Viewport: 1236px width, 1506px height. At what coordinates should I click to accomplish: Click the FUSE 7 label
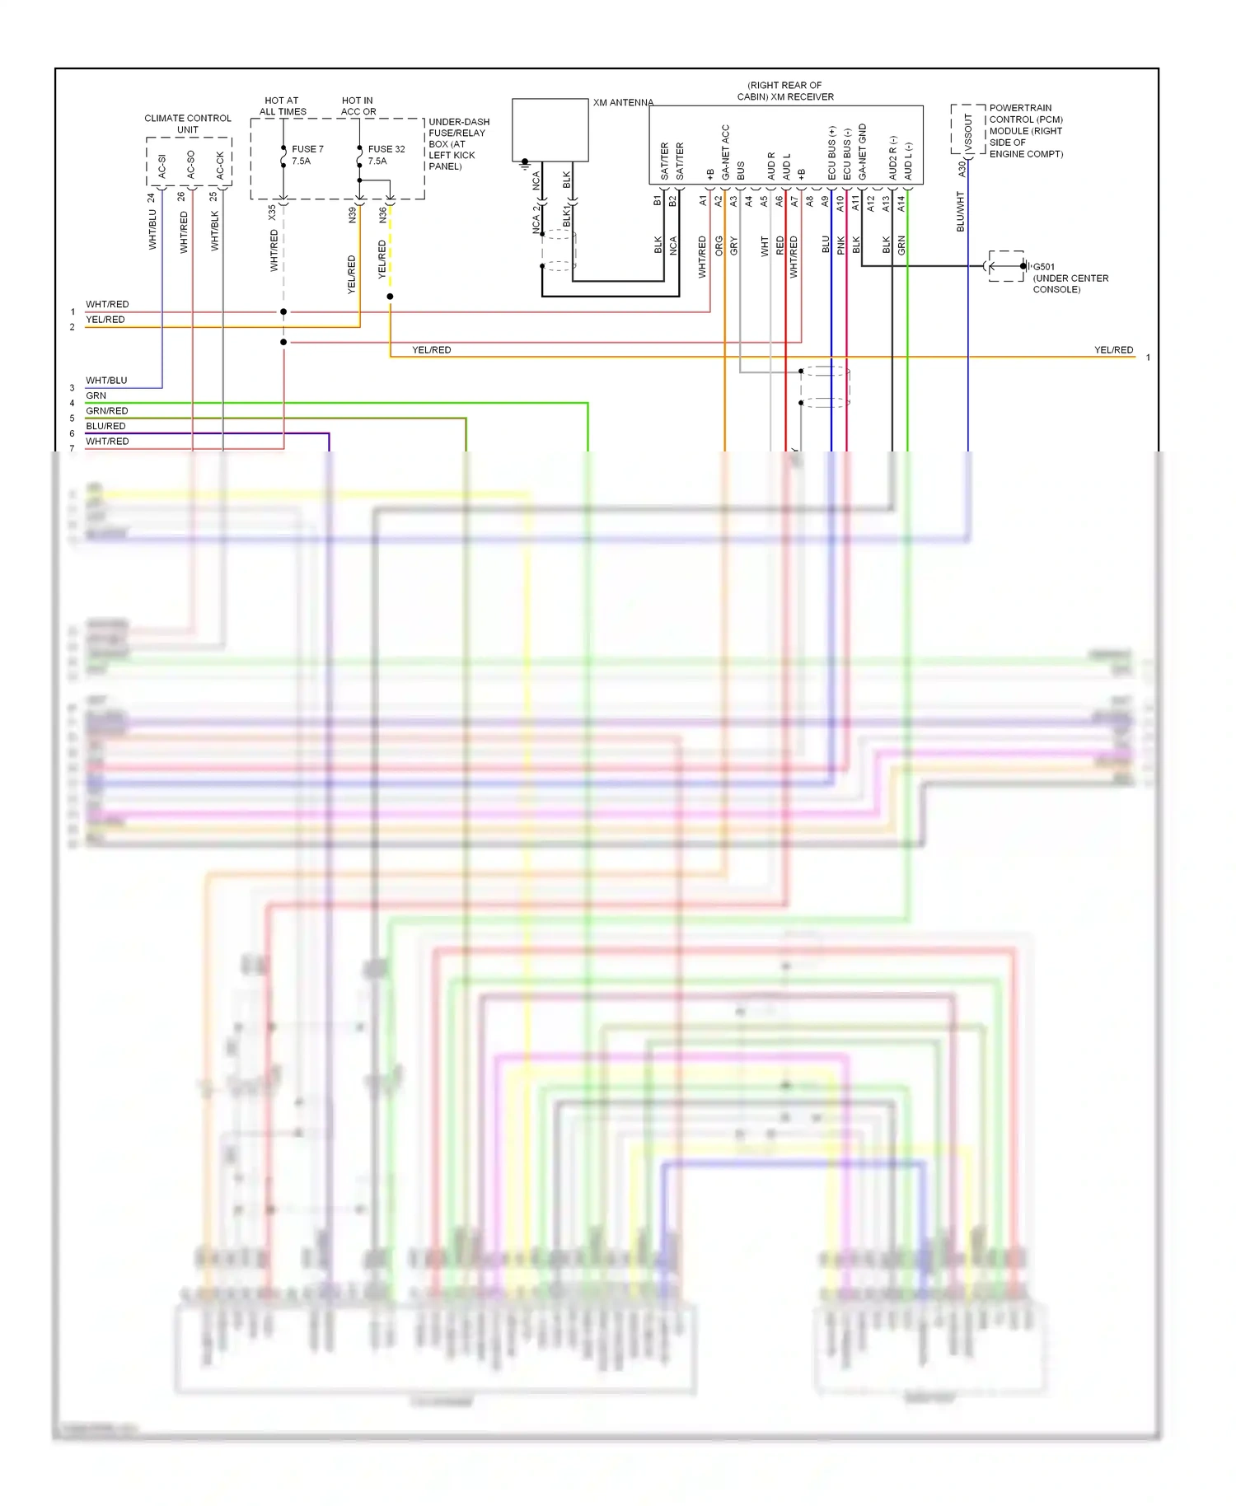click(x=307, y=149)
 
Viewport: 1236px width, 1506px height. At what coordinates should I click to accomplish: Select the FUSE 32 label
click(x=386, y=149)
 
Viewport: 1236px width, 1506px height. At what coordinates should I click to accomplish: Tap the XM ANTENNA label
click(x=623, y=103)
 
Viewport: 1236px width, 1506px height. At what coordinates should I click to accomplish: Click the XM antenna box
click(x=550, y=129)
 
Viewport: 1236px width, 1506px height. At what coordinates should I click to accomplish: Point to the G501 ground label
click(x=1043, y=267)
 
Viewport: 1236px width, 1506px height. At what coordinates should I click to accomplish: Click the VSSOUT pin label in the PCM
click(x=968, y=133)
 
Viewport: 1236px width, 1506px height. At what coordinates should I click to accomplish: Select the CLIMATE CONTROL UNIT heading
click(x=188, y=124)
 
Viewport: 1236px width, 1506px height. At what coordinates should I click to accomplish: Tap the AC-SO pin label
click(x=191, y=164)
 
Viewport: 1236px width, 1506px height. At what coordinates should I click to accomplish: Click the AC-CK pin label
click(x=220, y=165)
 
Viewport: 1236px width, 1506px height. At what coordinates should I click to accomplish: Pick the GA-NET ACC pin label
click(x=725, y=152)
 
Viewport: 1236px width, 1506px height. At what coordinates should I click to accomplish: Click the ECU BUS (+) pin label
click(x=832, y=153)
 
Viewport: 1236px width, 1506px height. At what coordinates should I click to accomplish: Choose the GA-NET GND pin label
click(x=863, y=152)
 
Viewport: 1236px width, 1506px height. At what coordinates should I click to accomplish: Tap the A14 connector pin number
click(x=901, y=203)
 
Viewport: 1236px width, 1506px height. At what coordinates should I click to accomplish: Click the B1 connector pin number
click(x=658, y=200)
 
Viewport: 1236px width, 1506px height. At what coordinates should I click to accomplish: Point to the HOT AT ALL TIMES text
click(x=282, y=106)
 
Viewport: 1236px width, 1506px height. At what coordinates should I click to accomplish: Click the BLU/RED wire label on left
click(x=105, y=426)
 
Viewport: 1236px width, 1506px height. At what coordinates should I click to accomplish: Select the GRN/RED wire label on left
click(x=106, y=411)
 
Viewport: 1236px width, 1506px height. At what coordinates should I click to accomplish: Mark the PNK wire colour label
click(x=841, y=245)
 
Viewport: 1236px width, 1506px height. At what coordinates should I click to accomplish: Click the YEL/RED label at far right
click(x=1113, y=350)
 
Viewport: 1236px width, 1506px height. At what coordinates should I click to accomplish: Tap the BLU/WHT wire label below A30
click(x=961, y=211)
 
